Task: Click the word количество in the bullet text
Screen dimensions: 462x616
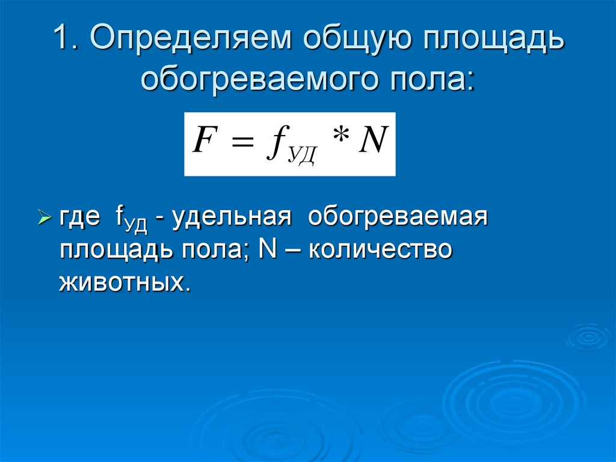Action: click(x=380, y=249)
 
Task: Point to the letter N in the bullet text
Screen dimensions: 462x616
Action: click(x=266, y=249)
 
